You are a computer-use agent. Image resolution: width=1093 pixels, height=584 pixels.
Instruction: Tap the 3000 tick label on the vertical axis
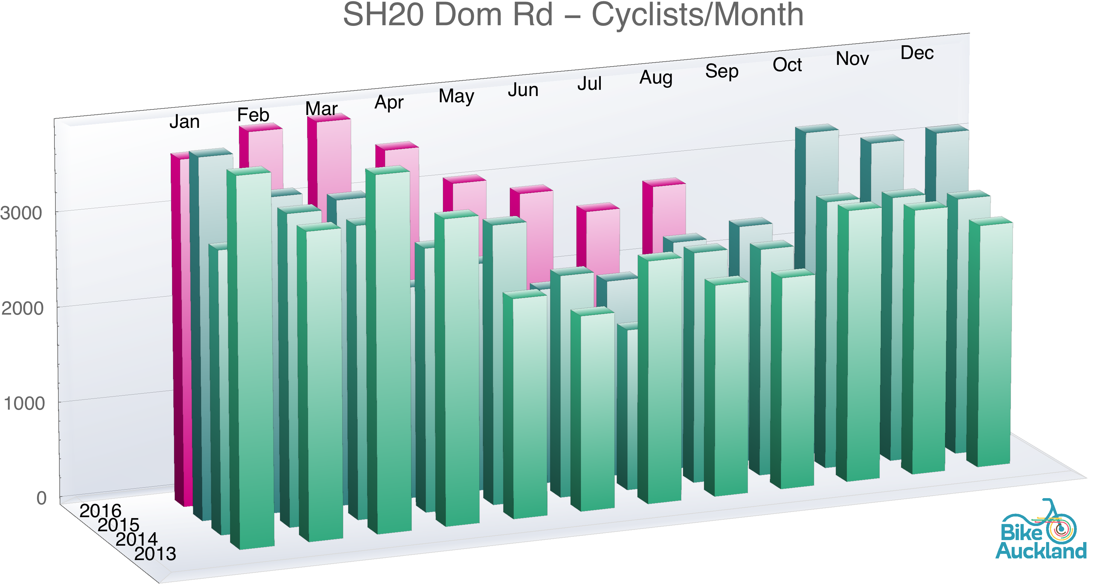click(21, 213)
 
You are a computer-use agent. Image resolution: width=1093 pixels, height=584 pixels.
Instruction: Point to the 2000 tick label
click(23, 308)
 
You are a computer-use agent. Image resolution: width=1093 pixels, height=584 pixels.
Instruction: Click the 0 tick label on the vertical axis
click(41, 498)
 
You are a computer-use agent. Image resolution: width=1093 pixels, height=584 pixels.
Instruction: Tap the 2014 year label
click(137, 539)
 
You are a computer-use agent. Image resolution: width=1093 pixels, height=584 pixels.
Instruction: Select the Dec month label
click(917, 53)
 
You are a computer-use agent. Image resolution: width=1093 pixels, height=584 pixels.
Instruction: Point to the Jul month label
click(589, 84)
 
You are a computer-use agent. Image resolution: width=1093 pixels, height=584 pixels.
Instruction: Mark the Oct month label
click(787, 65)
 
